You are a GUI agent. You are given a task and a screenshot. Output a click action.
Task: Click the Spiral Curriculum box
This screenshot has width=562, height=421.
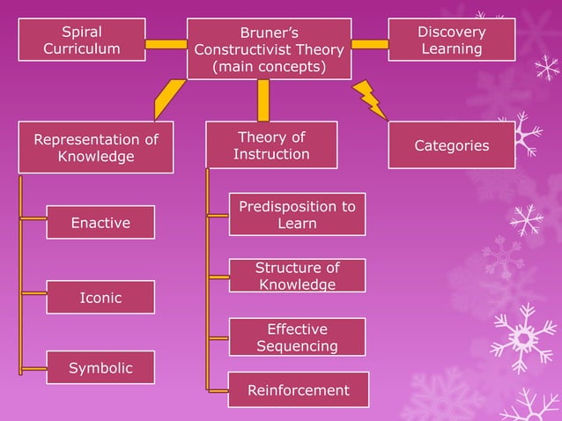[82, 40]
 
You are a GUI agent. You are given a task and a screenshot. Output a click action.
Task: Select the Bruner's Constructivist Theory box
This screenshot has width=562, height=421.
[269, 49]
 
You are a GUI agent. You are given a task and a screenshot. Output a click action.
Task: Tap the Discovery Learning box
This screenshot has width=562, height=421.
[451, 40]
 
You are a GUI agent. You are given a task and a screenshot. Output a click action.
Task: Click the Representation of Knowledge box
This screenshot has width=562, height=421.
[96, 148]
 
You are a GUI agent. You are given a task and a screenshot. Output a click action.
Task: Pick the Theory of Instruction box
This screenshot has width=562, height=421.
[271, 145]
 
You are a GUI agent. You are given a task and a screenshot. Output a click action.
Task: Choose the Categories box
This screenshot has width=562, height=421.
[451, 145]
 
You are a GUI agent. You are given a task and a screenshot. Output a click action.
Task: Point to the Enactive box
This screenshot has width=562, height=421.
[100, 223]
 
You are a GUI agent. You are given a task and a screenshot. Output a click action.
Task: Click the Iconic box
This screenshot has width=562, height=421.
[100, 298]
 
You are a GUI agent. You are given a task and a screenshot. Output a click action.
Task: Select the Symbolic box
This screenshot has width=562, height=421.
[100, 367]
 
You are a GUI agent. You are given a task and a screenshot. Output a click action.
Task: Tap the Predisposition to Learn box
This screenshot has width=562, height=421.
[297, 215]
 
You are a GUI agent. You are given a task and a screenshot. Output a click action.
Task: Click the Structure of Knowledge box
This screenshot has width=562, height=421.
[297, 276]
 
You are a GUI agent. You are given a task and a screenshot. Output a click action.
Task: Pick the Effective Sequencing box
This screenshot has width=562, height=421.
[297, 337]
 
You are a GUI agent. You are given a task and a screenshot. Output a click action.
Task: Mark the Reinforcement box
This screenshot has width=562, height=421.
[298, 390]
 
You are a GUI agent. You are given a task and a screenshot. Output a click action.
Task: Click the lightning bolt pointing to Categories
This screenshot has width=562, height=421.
[370, 100]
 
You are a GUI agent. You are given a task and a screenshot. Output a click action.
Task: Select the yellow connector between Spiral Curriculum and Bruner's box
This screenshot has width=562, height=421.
[166, 44]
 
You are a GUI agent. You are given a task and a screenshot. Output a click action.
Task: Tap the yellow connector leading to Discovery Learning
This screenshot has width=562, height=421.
[370, 43]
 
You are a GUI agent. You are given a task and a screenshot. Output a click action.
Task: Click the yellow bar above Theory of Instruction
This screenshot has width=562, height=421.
[263, 100]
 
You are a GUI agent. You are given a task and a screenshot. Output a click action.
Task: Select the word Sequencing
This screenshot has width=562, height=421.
[297, 346]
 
